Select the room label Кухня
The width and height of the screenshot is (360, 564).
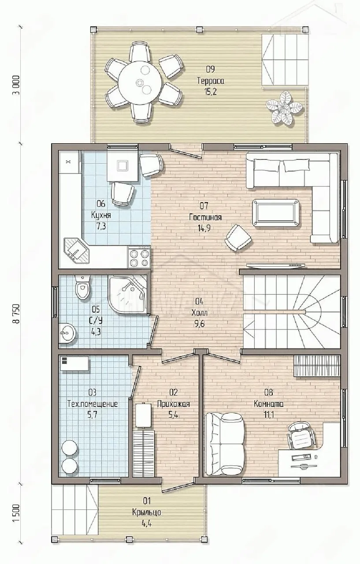tap(101, 215)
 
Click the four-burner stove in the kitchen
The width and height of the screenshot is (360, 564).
tap(139, 257)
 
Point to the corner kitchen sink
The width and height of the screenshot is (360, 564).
tap(77, 251)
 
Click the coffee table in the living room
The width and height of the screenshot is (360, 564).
tap(276, 213)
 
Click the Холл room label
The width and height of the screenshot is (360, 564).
tap(200, 313)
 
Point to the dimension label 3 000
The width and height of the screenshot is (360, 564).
tap(17, 85)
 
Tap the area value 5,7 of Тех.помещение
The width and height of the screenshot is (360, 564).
tap(93, 415)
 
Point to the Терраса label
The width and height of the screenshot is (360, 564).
tap(211, 81)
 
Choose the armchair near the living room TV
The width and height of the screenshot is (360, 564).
tap(238, 237)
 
